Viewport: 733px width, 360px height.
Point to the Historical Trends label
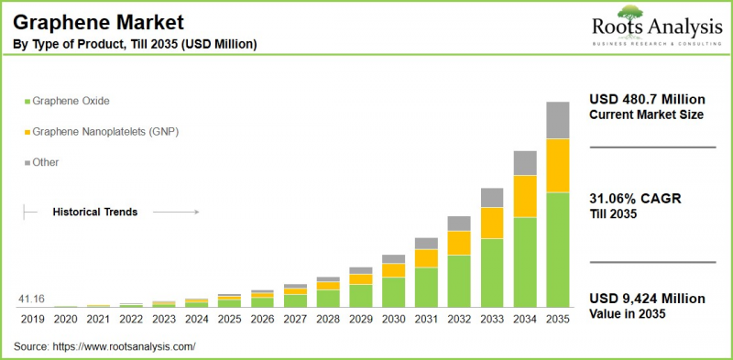[x=94, y=212]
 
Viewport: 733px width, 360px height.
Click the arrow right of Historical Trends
[x=175, y=212]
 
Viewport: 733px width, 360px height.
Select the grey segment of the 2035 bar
[x=558, y=120]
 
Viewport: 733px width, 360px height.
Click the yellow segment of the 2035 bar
[x=558, y=166]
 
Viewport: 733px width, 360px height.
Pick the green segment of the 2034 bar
[x=525, y=261]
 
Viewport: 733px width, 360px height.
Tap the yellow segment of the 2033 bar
[x=492, y=223]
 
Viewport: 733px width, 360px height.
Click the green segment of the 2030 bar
[x=393, y=291]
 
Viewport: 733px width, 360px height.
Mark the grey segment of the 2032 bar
[x=459, y=223]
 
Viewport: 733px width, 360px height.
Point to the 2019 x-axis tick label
[x=32, y=319]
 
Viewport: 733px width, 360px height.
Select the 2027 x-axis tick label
[x=295, y=319]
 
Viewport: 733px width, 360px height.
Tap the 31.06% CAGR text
[x=634, y=199]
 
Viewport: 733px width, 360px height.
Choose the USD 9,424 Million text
[x=647, y=299]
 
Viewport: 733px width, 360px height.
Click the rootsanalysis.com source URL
[x=125, y=346]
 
